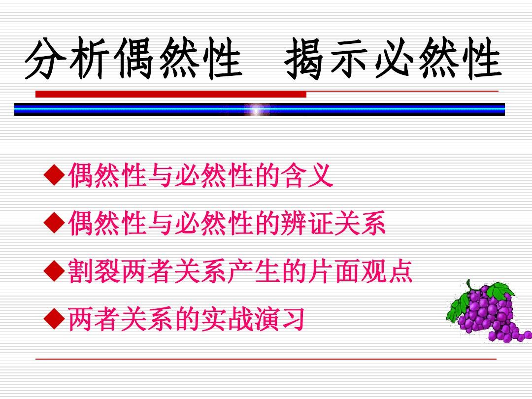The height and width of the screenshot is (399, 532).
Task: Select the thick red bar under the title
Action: tap(171, 94)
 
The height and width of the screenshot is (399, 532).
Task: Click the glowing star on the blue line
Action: tap(257, 109)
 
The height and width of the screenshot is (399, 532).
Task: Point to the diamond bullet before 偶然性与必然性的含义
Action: tap(54, 175)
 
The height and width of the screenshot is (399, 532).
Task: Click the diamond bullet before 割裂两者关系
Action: tap(54, 271)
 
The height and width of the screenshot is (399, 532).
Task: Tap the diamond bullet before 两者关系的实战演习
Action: tap(54, 319)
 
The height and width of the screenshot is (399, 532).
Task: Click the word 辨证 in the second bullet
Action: tap(307, 223)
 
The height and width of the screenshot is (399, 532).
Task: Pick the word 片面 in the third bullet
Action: tap(333, 271)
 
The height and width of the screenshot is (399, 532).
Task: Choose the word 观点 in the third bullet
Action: tap(386, 271)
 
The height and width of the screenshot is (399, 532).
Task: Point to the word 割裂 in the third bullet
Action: tap(94, 271)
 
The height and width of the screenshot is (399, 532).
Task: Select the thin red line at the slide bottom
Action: tap(266, 359)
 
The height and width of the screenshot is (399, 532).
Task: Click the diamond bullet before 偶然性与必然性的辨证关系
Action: tap(54, 223)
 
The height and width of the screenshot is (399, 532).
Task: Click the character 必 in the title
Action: tap(395, 58)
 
